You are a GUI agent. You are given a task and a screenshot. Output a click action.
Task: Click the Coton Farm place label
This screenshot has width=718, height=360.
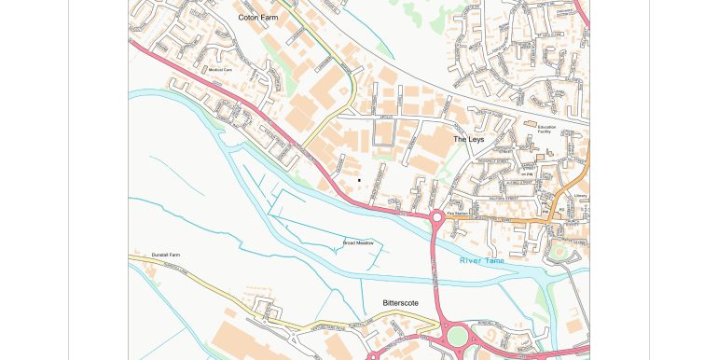257,17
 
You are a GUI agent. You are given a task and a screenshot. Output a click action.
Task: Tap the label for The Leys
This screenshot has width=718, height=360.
469,139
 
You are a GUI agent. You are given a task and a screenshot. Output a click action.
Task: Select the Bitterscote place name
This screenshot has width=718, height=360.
400,303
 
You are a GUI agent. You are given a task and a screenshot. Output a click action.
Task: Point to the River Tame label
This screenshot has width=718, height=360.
481,260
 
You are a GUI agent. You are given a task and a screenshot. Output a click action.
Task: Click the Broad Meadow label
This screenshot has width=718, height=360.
358,242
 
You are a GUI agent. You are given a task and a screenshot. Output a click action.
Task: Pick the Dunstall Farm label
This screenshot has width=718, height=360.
165,255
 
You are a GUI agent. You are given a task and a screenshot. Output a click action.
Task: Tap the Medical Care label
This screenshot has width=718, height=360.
220,70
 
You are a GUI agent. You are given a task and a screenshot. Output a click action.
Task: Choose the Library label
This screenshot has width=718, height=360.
580,196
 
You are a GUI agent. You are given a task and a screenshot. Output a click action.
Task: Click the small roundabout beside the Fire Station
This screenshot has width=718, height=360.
436,217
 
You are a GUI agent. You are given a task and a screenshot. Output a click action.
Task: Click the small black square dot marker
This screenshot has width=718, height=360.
359,179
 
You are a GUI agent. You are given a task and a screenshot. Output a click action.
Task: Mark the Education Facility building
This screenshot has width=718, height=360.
530,124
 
